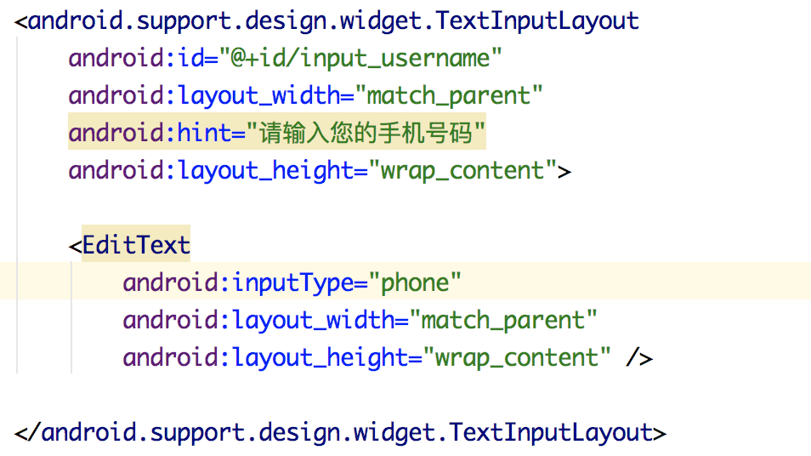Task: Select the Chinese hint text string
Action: tap(366, 134)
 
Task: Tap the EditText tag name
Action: tap(136, 245)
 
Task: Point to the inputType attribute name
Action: tap(287, 282)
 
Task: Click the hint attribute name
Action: tap(204, 134)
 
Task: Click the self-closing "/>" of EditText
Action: tap(638, 357)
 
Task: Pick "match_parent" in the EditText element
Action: tap(503, 320)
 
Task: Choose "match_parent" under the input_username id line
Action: tap(449, 96)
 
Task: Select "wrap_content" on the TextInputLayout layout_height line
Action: tap(462, 171)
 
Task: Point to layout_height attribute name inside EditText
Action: tap(321, 357)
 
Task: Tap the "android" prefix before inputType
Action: tap(170, 282)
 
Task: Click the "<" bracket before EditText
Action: tap(75, 246)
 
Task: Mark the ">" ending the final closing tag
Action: tap(659, 433)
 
